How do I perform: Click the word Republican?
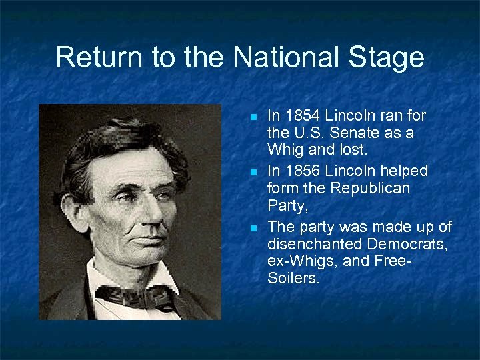coord(378,189)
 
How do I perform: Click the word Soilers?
coord(293,279)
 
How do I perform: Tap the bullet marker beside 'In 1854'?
coord(253,117)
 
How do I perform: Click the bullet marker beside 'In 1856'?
coord(253,172)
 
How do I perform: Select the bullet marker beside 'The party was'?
coord(253,228)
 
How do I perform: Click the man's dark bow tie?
coord(133,295)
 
